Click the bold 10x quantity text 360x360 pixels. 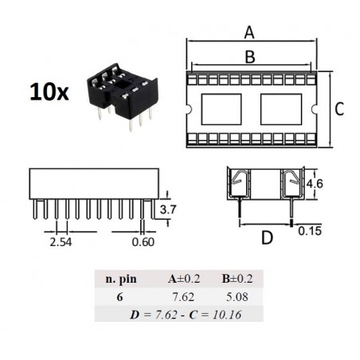pyautogui.click(x=49, y=92)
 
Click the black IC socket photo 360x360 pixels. pyautogui.click(x=123, y=96)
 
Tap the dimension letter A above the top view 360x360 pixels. pyautogui.click(x=249, y=33)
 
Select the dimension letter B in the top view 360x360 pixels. pyautogui.click(x=250, y=57)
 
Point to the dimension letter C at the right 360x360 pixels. pyautogui.click(x=339, y=109)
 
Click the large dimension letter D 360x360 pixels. pyautogui.click(x=267, y=237)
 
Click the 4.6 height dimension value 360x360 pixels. pyautogui.click(x=315, y=183)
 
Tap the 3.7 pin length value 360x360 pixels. pyautogui.click(x=168, y=209)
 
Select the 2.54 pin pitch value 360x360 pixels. pyautogui.click(x=61, y=242)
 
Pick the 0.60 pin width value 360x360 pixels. pyautogui.click(x=143, y=242)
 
